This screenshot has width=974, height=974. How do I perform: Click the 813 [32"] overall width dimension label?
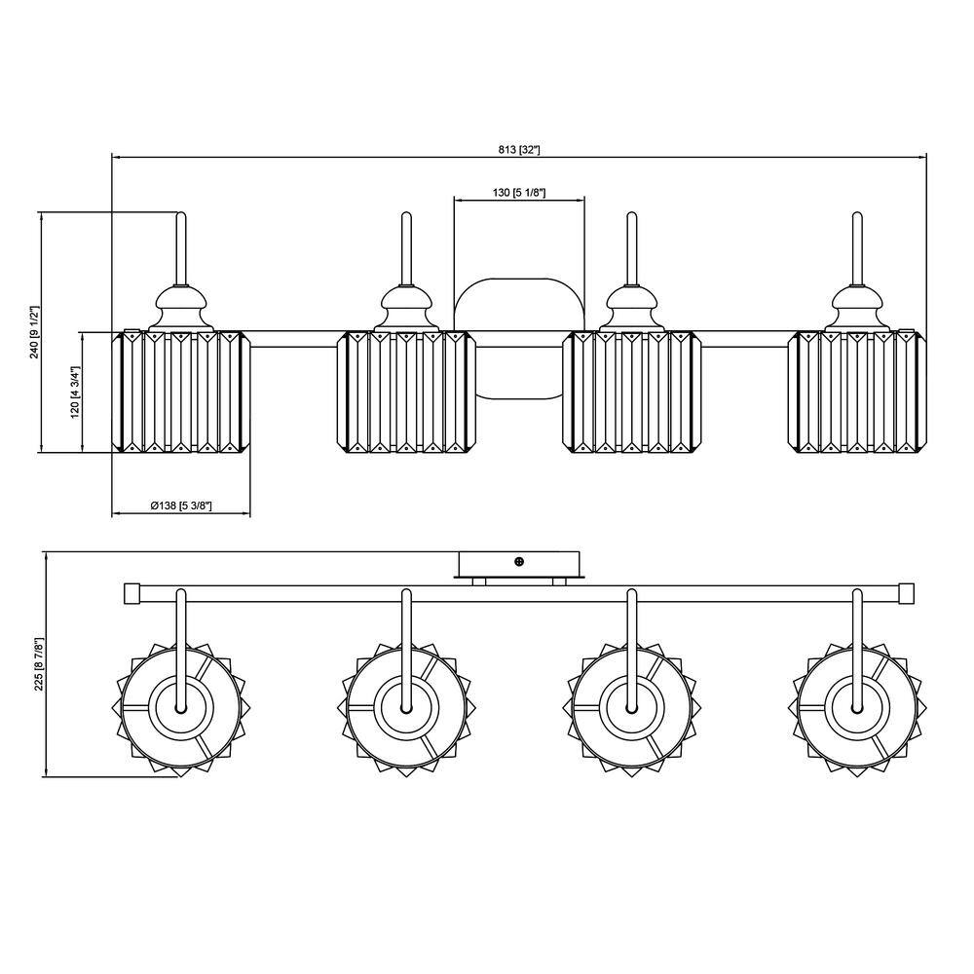[x=519, y=150]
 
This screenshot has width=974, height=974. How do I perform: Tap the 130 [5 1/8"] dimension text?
[x=519, y=193]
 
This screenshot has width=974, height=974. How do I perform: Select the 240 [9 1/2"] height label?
[x=35, y=332]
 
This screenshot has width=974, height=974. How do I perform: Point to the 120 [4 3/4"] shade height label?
[x=75, y=393]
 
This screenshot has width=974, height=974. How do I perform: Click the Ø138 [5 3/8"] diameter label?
[x=181, y=506]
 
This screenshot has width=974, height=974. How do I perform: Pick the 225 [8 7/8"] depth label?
[x=40, y=664]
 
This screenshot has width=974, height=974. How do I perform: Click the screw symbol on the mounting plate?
[x=519, y=562]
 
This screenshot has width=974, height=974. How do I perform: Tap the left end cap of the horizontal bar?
[x=131, y=594]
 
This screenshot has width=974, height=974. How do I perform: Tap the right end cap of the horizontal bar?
[x=907, y=594]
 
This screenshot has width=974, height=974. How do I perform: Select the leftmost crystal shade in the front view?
[x=181, y=392]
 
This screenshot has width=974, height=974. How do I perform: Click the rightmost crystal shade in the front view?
[x=857, y=392]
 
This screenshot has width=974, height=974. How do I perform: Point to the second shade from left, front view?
[x=406, y=392]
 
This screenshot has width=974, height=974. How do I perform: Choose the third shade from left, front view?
[x=632, y=392]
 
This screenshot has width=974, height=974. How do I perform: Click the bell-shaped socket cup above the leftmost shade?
[x=181, y=308]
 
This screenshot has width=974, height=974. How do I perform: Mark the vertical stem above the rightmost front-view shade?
[x=857, y=248]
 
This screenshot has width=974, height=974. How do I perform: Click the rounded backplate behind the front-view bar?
[x=519, y=339]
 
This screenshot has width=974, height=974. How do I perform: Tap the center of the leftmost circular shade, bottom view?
[x=181, y=709]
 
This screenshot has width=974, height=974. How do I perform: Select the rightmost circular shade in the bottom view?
[x=857, y=709]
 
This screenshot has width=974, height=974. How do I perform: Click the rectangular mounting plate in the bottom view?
[x=519, y=564]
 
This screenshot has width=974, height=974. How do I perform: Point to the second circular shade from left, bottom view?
[x=406, y=709]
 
